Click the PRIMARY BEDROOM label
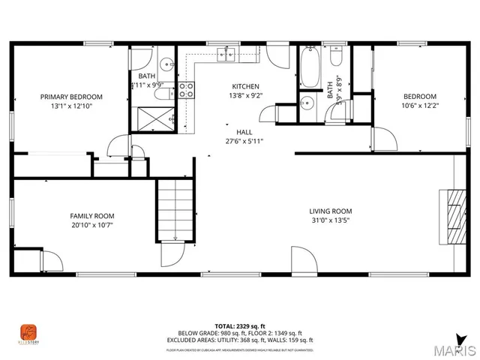click(x=71, y=97)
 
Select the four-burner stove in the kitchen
click(x=186, y=90)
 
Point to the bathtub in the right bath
click(x=308, y=67)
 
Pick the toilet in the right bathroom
click(x=337, y=58)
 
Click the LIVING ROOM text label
click(x=331, y=211)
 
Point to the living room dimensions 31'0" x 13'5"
click(x=331, y=221)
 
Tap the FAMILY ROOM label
click(x=92, y=216)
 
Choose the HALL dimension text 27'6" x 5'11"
click(x=244, y=140)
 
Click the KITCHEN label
click(x=245, y=86)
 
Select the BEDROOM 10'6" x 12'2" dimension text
click(x=420, y=106)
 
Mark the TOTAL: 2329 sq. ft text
click(x=239, y=326)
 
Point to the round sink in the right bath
click(x=306, y=103)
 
